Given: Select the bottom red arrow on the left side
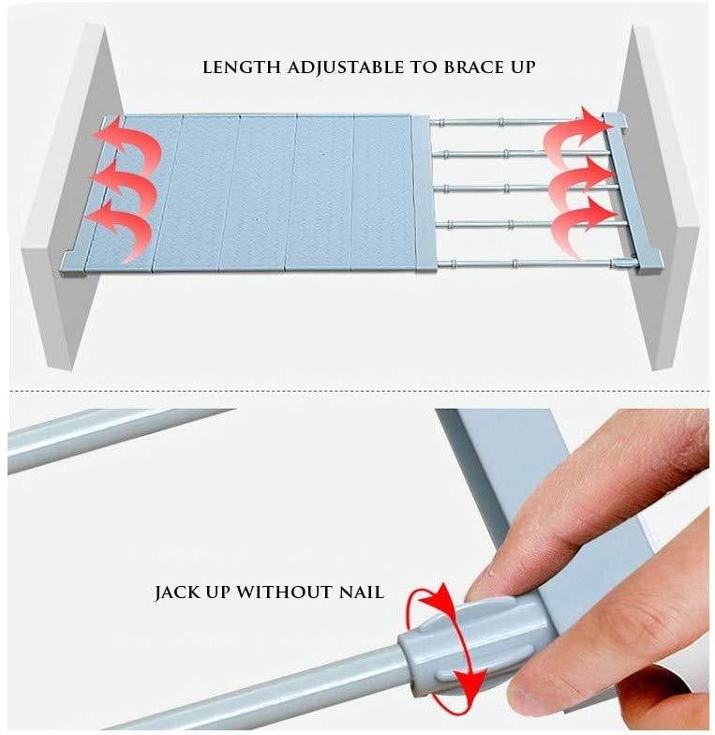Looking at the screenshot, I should click(121, 222).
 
